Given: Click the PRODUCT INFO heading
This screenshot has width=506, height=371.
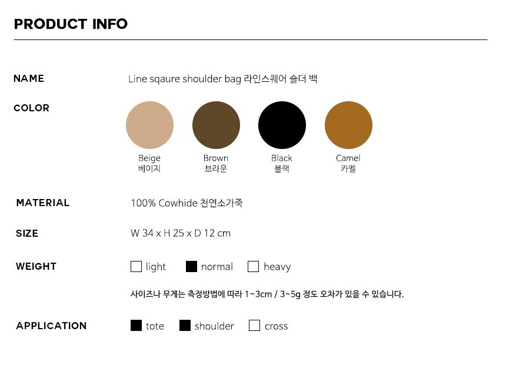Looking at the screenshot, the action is click(71, 24).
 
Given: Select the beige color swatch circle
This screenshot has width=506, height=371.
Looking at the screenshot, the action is click(149, 125).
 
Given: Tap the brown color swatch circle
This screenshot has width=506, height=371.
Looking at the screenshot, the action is click(216, 125).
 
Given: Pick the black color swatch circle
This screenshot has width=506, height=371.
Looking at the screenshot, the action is click(282, 125).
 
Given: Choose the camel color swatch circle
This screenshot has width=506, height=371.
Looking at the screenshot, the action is click(348, 125).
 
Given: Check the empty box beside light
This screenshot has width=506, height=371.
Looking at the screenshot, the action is click(136, 266).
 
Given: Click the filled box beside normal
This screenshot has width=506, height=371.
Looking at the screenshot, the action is click(191, 266).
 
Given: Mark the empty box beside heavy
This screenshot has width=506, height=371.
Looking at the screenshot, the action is click(254, 266).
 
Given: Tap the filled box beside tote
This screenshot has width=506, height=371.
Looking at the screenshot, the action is click(136, 326).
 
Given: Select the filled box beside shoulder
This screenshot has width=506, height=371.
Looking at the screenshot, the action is click(185, 326).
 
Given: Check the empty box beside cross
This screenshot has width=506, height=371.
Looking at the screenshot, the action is click(254, 326).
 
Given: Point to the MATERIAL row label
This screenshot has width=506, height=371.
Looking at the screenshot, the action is click(43, 203).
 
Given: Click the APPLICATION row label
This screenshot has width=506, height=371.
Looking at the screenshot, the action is click(51, 326).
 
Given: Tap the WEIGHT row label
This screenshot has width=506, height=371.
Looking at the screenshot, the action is click(36, 266).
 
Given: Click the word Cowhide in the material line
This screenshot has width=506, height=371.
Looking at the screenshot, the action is click(178, 203).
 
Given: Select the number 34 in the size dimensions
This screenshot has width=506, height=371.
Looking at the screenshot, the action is click(148, 233).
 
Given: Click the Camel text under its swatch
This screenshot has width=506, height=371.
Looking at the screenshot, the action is click(348, 158).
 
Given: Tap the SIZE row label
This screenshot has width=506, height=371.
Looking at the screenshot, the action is click(27, 233).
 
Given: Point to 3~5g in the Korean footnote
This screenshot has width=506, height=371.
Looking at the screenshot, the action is click(290, 294).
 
